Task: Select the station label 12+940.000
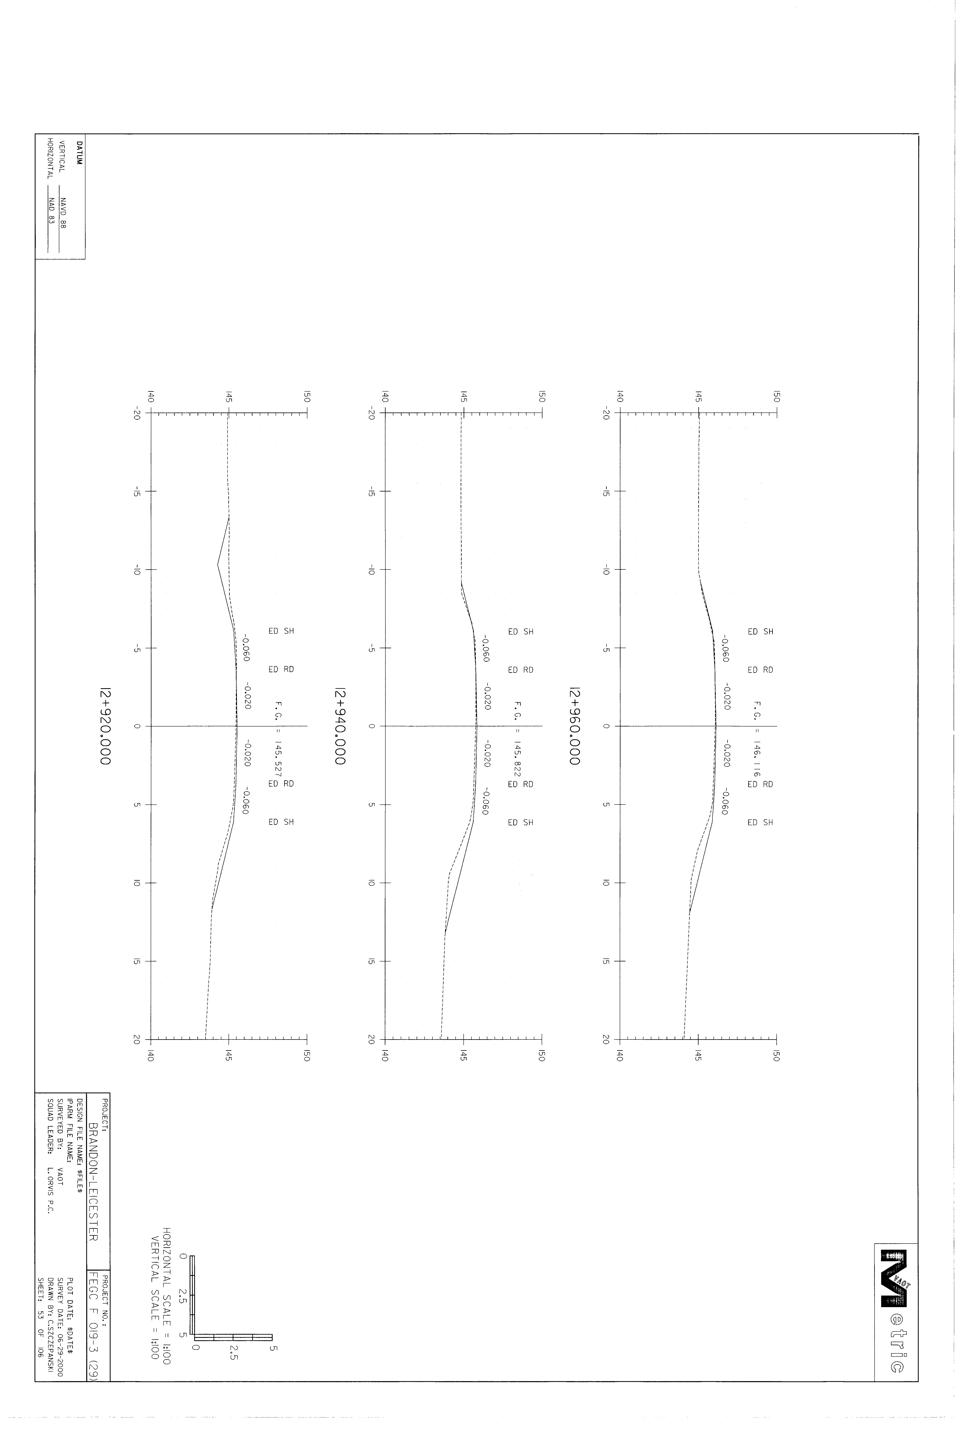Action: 339,727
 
